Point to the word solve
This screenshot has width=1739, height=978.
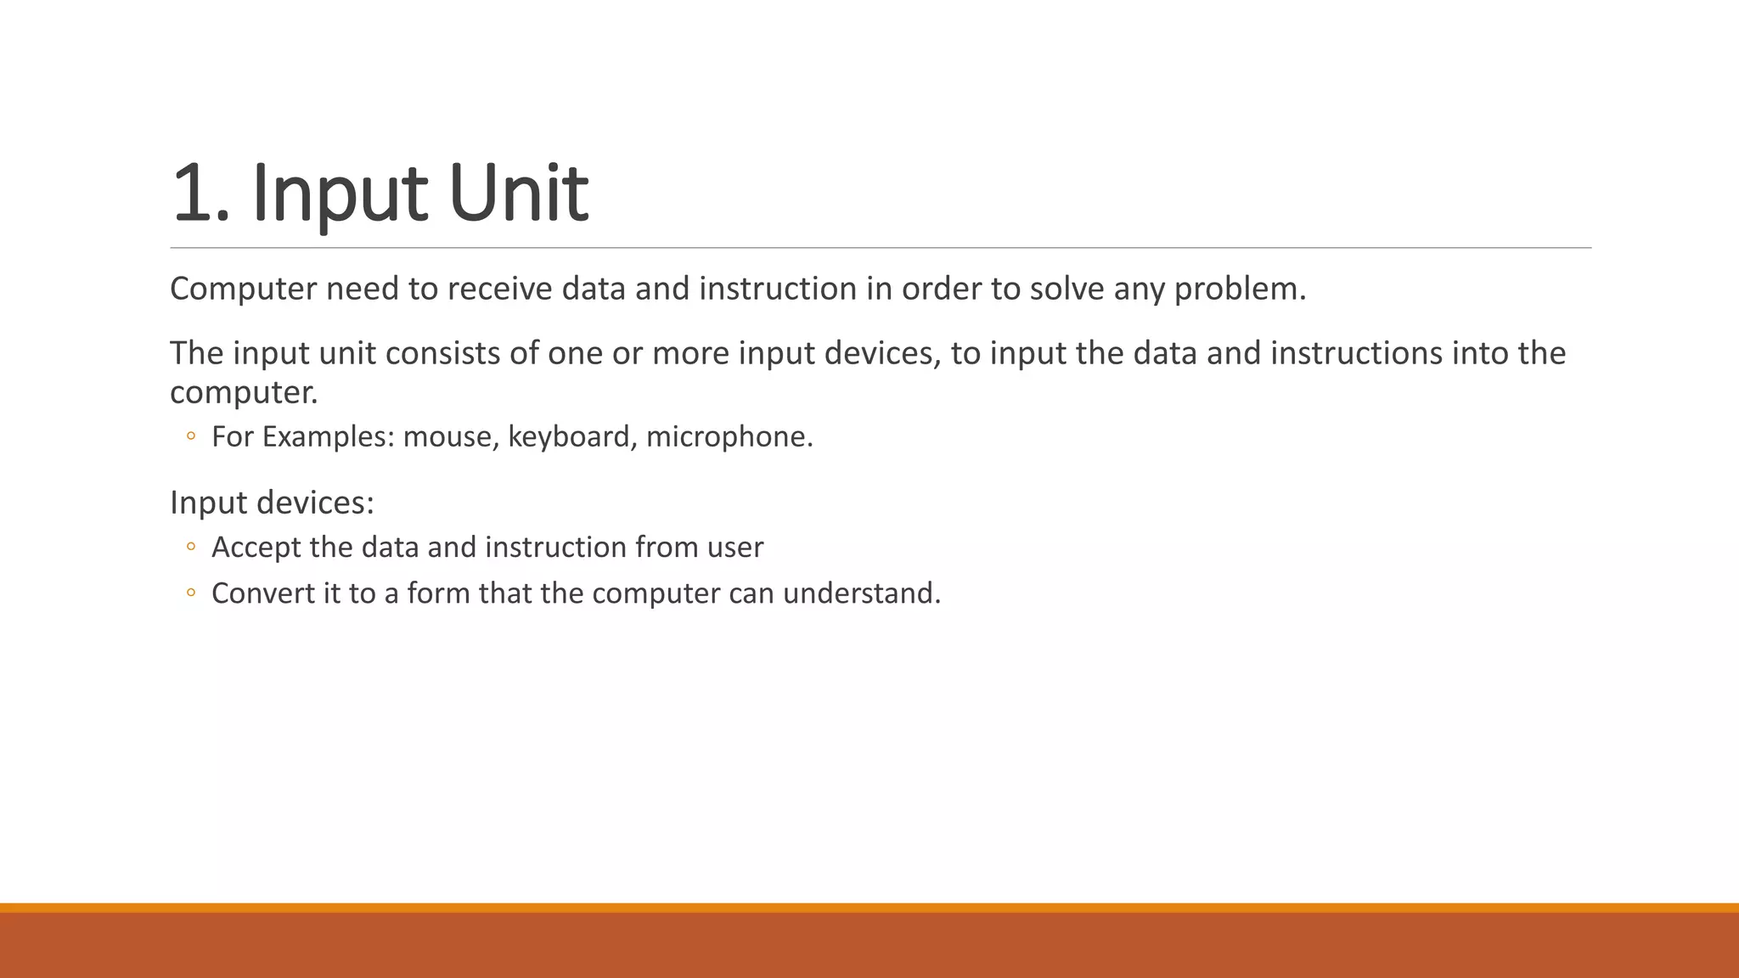pyautogui.click(x=1067, y=289)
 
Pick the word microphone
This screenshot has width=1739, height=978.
pyautogui.click(x=729, y=437)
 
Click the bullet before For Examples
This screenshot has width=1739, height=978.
pyautogui.click(x=191, y=437)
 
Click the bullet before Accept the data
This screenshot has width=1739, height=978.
pyautogui.click(x=191, y=548)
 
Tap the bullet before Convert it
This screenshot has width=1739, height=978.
pyautogui.click(x=191, y=593)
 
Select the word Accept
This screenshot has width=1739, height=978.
pyautogui.click(x=256, y=548)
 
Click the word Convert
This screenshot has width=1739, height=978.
pyautogui.click(x=262, y=593)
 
